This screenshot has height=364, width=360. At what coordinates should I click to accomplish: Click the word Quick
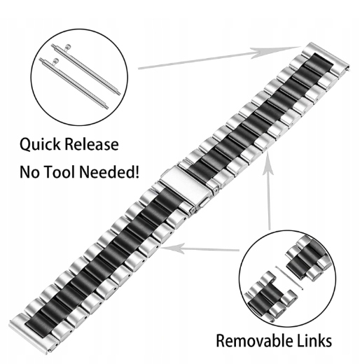tap(40, 145)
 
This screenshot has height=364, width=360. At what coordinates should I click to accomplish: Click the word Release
tap(92, 144)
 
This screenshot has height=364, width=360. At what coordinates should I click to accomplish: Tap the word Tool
tap(59, 171)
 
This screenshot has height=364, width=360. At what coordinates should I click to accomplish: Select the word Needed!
tap(109, 171)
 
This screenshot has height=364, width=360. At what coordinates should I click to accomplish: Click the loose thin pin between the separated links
tap(289, 278)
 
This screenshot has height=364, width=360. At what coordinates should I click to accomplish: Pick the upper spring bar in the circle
tap(86, 69)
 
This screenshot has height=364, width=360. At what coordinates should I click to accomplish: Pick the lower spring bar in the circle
tap(74, 83)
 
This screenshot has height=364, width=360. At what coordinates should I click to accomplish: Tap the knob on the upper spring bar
tap(67, 47)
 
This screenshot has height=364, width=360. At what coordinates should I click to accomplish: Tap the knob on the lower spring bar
tap(55, 61)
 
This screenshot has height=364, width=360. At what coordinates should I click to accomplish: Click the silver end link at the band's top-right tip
tap(327, 57)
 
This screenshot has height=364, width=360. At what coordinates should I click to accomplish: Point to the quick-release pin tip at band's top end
tap(349, 69)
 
